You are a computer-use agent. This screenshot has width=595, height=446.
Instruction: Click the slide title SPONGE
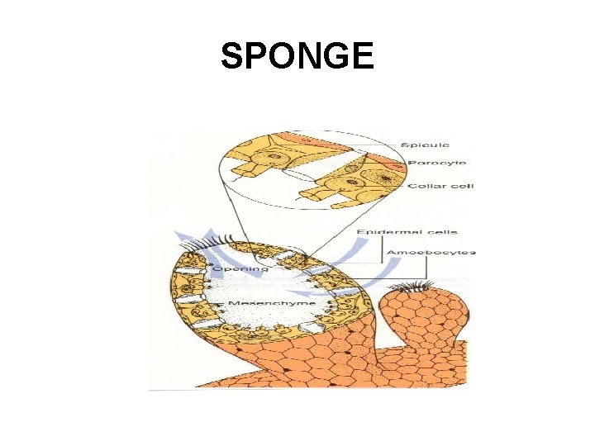[297, 56]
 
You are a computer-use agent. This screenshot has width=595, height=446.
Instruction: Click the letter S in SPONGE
[232, 56]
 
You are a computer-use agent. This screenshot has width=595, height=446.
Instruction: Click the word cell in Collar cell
[461, 186]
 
